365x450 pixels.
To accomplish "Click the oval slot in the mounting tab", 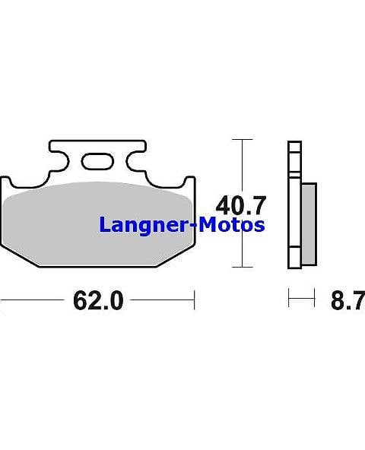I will (97, 160).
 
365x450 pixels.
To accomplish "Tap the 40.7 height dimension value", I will (241, 205).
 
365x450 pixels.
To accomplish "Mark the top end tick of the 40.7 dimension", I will (242, 140).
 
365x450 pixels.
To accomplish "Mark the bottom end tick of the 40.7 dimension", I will (242, 267).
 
